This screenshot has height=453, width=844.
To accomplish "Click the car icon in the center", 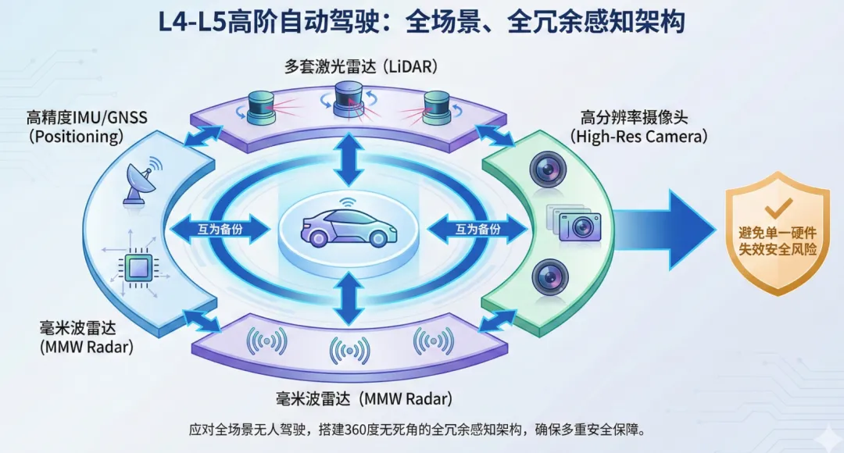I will click(349, 226).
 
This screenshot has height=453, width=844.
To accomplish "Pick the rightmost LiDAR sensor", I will click(435, 107).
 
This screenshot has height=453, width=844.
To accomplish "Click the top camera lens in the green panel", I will click(545, 170).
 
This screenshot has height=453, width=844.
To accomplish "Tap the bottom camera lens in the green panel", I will click(545, 276).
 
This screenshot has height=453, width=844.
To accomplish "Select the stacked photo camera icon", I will click(577, 224).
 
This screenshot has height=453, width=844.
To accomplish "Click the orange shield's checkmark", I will click(778, 207).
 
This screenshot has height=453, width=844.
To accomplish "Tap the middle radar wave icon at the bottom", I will click(349, 350).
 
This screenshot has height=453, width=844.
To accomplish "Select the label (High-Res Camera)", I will click(638, 136).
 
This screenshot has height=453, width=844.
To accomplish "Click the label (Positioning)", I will click(76, 137).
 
